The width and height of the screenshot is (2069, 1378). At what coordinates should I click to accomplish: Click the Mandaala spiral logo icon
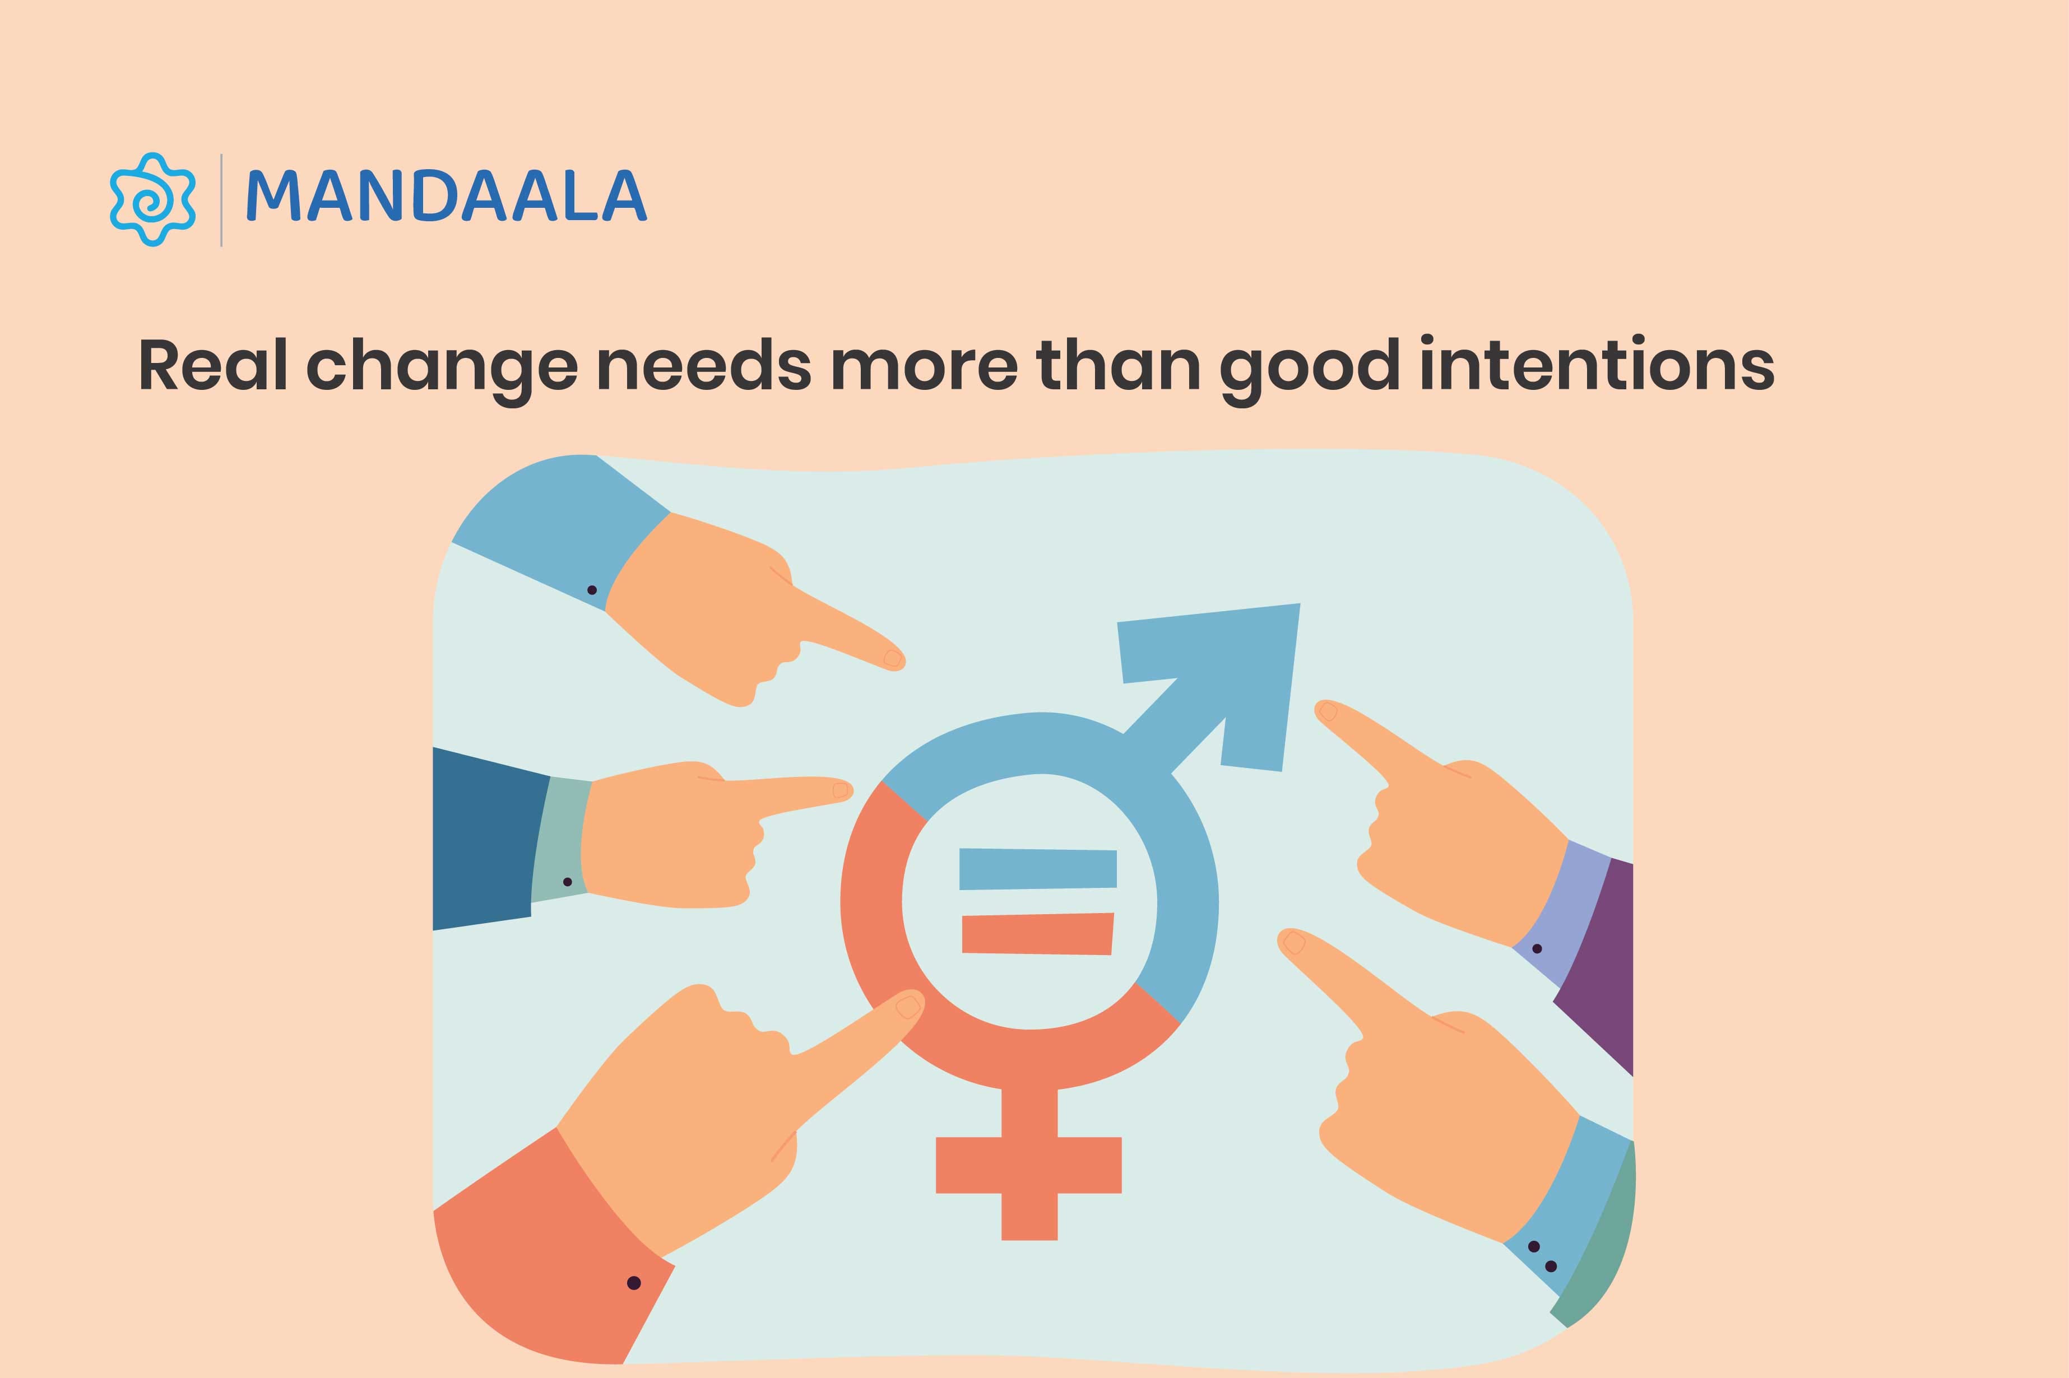[x=151, y=199]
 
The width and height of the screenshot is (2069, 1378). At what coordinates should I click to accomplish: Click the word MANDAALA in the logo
[x=447, y=197]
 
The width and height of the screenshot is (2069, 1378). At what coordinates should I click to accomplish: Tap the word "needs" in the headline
[x=703, y=366]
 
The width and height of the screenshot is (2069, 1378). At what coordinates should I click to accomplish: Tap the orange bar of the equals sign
[x=1037, y=933]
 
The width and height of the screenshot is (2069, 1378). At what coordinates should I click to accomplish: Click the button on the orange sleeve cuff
[x=633, y=1283]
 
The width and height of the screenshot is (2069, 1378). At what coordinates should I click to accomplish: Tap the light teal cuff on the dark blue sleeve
[x=561, y=839]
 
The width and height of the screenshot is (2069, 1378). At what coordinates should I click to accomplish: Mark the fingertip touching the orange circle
[x=907, y=1005]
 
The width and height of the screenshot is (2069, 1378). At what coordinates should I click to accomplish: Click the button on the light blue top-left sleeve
[x=592, y=590]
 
